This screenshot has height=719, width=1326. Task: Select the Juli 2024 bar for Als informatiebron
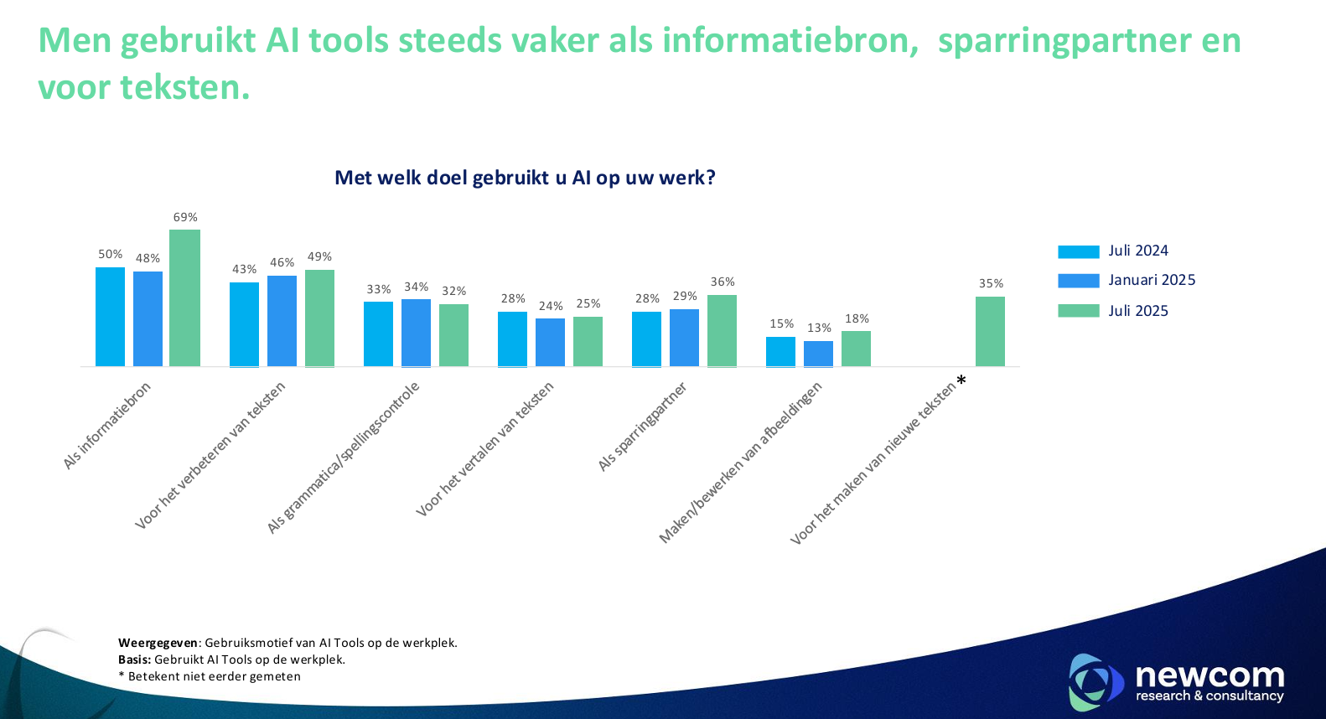pos(110,317)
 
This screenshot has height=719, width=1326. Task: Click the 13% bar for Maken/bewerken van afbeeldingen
pos(818,354)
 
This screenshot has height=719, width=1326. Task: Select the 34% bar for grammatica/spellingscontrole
pos(416,333)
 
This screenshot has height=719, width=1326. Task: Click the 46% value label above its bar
pos(282,263)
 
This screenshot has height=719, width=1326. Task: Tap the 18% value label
pos(857,319)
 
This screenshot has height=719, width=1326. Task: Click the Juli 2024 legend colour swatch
pos(1078,251)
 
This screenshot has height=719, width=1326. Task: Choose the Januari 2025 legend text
pos(1152,280)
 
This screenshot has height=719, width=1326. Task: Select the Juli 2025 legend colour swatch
pos(1078,311)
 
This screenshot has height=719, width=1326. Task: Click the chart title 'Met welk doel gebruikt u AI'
pos(525,178)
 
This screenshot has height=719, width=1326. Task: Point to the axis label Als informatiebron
pos(107,426)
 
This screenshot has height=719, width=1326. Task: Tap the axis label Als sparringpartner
pos(642,427)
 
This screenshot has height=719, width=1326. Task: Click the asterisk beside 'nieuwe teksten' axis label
pos(961,381)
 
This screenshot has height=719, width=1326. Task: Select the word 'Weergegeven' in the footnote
pos(158,643)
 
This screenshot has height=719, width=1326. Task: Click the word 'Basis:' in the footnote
pos(135,660)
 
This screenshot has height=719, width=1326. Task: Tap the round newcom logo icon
pos(1094,681)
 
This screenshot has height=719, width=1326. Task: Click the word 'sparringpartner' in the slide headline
pos(1064,40)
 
